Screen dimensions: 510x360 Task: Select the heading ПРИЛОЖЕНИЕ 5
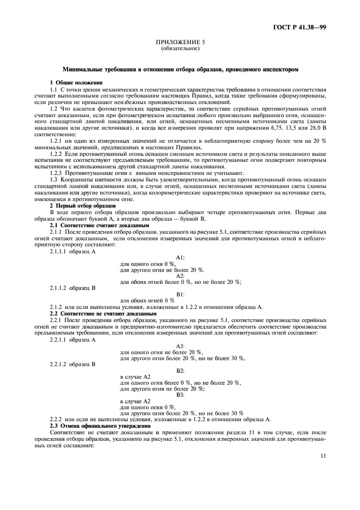click(180, 42)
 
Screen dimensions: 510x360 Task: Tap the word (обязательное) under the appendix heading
click(180, 48)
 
